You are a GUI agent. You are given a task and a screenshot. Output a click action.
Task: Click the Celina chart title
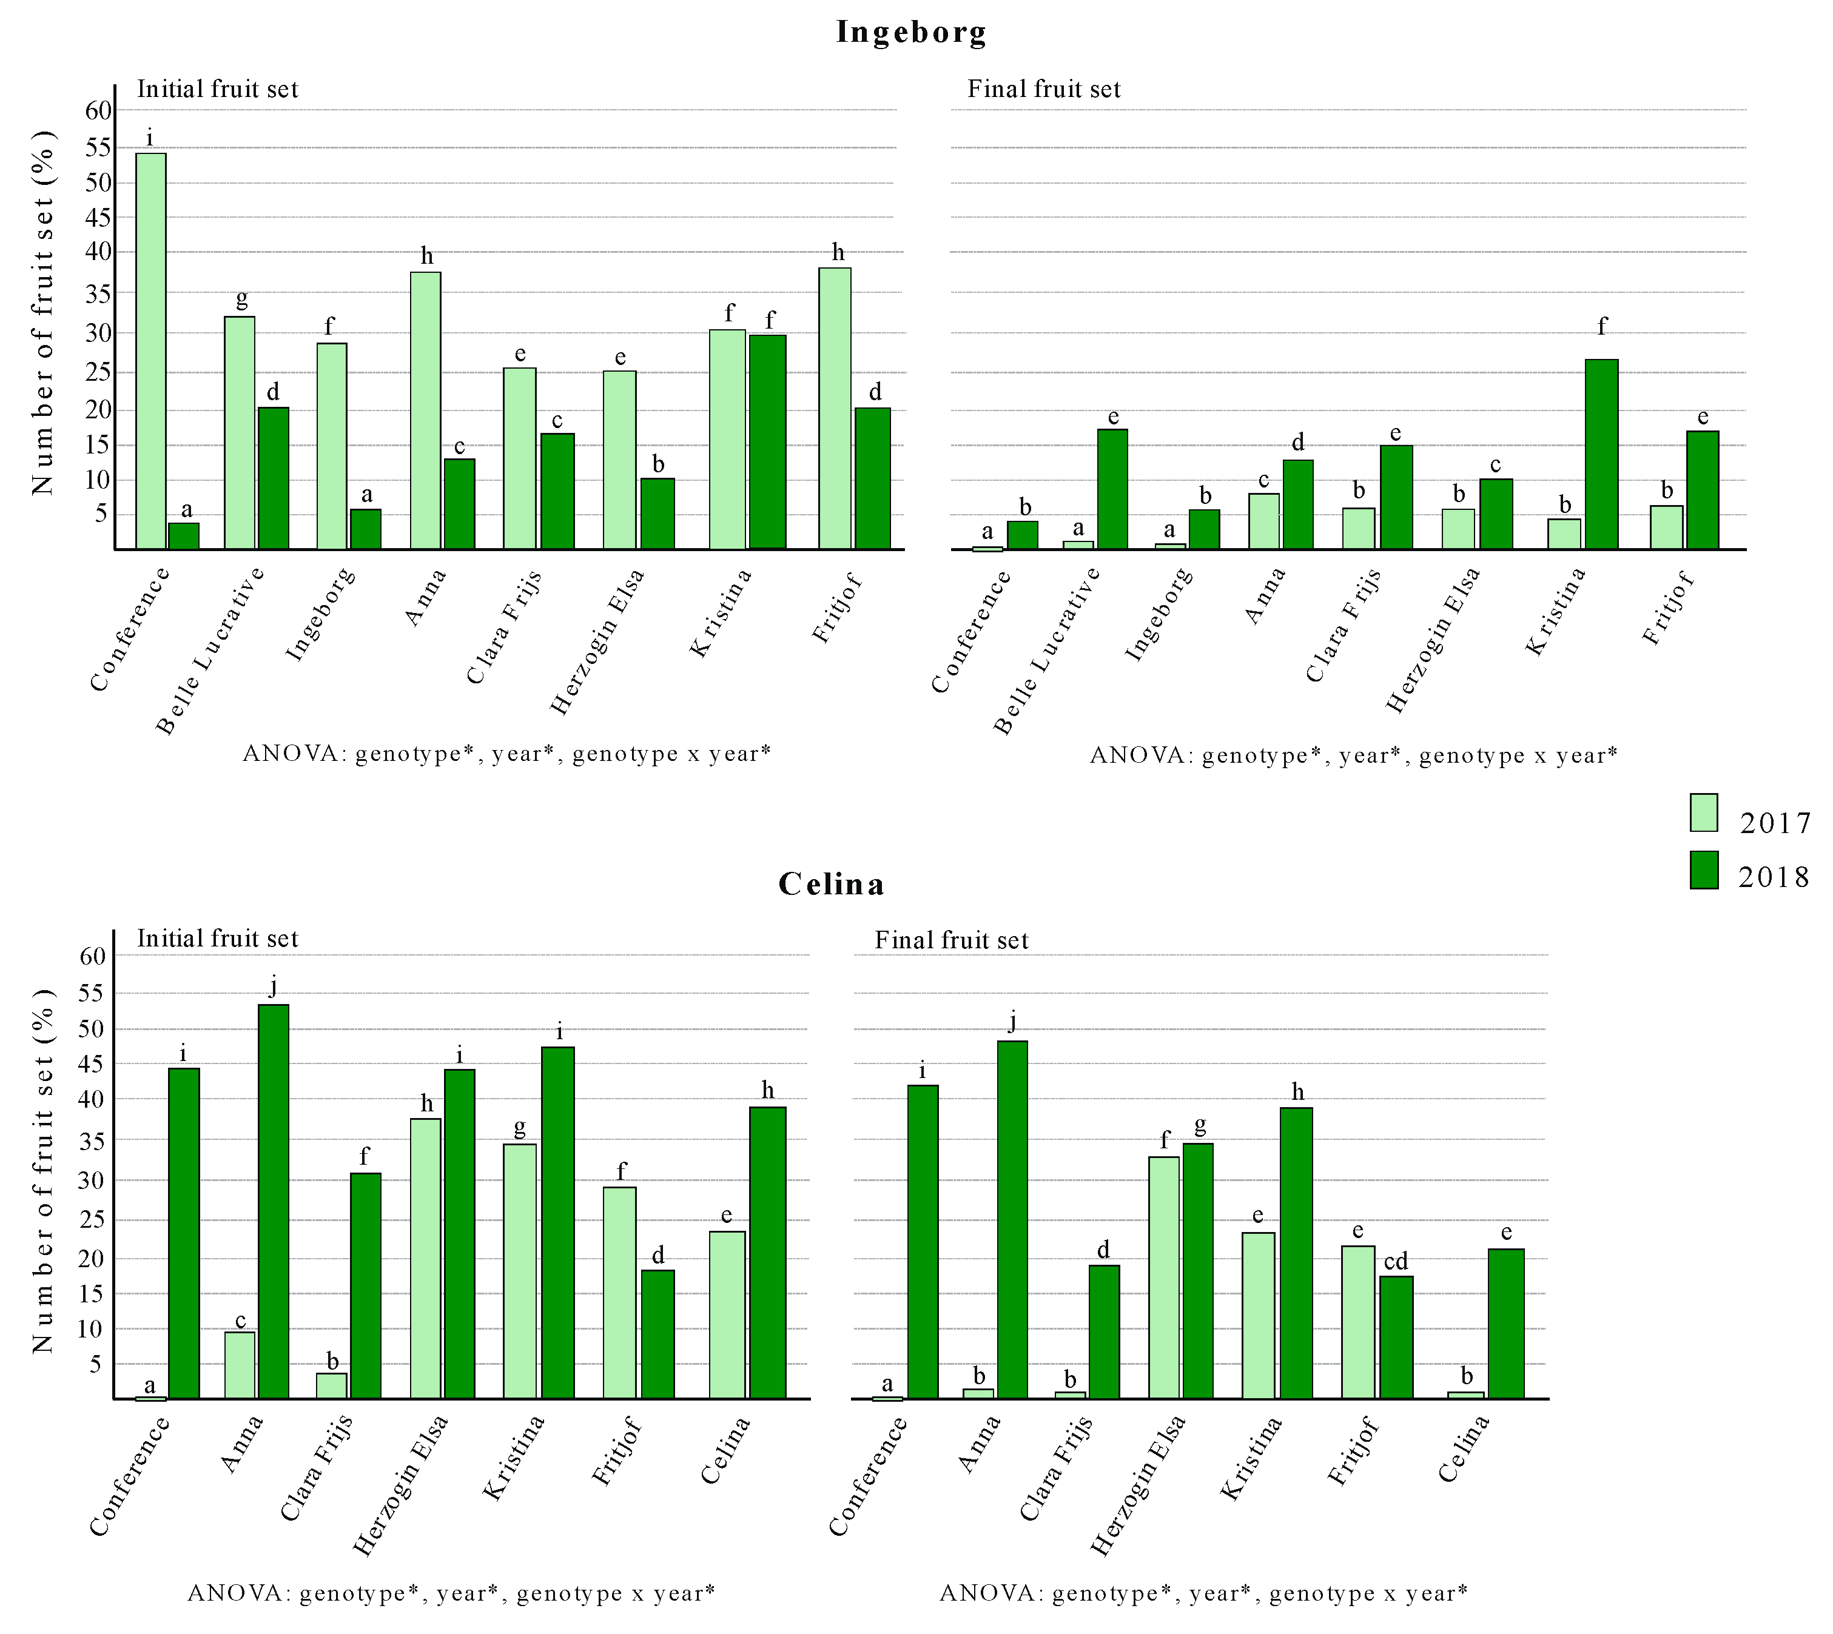coord(831,885)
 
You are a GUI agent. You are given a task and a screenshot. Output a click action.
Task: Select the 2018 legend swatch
coord(1704,870)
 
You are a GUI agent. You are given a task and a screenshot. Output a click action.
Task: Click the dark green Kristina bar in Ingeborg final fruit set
coord(1601,454)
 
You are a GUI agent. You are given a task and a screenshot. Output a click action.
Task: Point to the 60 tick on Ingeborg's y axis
coord(99,110)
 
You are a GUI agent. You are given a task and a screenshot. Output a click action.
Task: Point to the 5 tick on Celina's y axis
coord(93,1364)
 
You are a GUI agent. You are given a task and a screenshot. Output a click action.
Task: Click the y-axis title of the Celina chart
coord(43,1171)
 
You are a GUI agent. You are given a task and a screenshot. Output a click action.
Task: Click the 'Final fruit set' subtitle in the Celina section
coord(951,940)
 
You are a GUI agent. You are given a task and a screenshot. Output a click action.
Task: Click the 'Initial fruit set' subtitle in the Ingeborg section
coord(217,89)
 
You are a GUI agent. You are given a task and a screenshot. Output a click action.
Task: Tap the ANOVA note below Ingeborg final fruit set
coord(1353,755)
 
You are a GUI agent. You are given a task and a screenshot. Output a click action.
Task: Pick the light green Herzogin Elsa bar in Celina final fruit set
coord(1164,1277)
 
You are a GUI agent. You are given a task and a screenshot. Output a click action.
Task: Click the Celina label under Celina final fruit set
coord(1463,1448)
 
